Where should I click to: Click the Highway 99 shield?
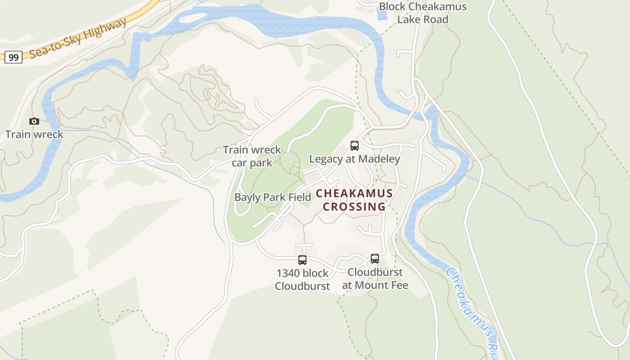pyautogui.click(x=13, y=57)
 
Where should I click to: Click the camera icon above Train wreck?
pyautogui.click(x=34, y=121)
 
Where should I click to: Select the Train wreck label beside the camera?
pyautogui.click(x=34, y=134)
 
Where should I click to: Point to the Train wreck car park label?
pyautogui.click(x=252, y=156)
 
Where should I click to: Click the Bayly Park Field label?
pyautogui.click(x=273, y=197)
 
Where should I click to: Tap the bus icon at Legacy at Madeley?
pyautogui.click(x=355, y=146)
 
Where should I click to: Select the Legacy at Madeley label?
pyautogui.click(x=355, y=159)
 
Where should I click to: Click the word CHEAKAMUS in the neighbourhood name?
pyautogui.click(x=354, y=193)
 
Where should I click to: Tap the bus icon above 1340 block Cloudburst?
pyautogui.click(x=302, y=260)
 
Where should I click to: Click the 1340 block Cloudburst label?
pyautogui.click(x=302, y=279)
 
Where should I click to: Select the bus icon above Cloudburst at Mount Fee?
pyautogui.click(x=375, y=259)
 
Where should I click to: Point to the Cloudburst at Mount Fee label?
pyautogui.click(x=375, y=279)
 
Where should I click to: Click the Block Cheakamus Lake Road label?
pyautogui.click(x=423, y=13)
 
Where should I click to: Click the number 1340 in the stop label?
pyautogui.click(x=287, y=273)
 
